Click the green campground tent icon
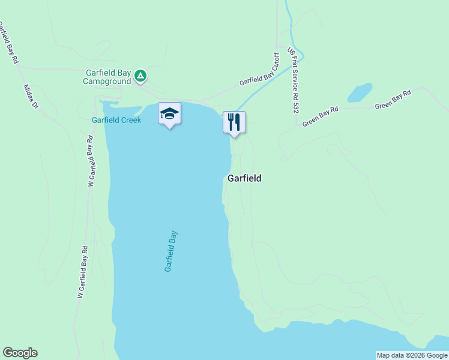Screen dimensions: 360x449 (x=140, y=76)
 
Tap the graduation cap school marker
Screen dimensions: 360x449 (x=169, y=113)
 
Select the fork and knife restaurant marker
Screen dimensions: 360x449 (x=234, y=122)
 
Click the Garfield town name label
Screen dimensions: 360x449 (x=244, y=178)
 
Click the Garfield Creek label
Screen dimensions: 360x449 (x=116, y=120)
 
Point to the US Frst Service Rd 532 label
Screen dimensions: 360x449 (x=293, y=81)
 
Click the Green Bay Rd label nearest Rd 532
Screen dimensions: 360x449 (x=321, y=116)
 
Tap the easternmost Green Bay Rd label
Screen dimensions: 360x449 (x=393, y=100)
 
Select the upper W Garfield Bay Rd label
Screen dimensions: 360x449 (x=92, y=161)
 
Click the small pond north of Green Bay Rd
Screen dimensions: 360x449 (x=359, y=93)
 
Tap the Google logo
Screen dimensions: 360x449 (x=20, y=353)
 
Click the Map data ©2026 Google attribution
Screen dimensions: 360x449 (x=412, y=355)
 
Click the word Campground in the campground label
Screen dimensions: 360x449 (x=107, y=81)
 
